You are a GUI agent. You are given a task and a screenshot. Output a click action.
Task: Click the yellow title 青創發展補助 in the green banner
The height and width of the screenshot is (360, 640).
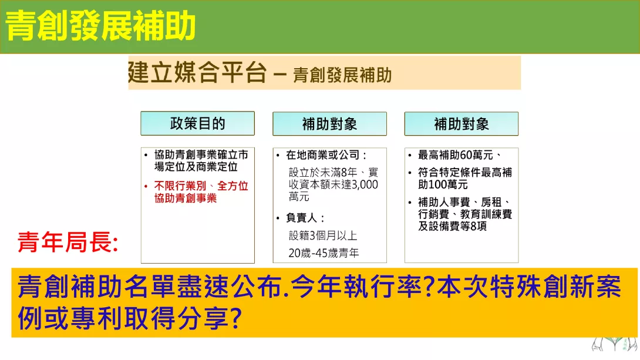point(100,26)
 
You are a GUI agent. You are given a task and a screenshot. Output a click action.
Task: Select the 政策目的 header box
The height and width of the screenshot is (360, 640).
point(197,123)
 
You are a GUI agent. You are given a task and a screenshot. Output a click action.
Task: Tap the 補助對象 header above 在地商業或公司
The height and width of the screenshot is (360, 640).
point(329,124)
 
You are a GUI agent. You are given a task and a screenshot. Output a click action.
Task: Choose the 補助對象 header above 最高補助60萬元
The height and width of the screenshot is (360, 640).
point(462,124)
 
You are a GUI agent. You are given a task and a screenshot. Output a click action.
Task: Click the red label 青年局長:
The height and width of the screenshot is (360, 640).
point(68,242)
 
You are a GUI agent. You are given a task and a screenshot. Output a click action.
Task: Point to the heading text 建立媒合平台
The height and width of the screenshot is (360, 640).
point(197,73)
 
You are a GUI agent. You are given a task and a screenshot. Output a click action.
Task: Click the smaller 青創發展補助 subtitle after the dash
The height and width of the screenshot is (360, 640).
point(342,75)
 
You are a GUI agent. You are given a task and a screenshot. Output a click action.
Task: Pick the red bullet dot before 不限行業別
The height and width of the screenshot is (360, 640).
point(146,187)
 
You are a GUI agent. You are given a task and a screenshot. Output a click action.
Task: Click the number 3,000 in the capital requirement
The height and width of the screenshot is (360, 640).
point(365,184)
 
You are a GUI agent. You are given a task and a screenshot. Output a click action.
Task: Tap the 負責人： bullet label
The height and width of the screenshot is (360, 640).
point(305,218)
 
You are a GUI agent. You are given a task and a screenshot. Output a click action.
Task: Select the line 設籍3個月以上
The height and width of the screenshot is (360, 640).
point(323,235)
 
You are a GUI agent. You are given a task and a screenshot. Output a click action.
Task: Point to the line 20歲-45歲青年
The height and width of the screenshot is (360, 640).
point(324,253)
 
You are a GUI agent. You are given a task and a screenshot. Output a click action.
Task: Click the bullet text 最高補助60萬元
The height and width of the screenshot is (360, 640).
point(456,155)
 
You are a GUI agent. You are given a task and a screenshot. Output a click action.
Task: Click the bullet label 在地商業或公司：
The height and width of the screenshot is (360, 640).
point(326,155)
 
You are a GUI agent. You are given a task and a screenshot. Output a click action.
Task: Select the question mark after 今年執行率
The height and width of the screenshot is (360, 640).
point(428,287)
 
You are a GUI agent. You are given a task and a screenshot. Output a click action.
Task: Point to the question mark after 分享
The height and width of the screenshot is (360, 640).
point(236,318)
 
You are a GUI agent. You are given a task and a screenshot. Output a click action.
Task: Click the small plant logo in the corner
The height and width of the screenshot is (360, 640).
point(615,344)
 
